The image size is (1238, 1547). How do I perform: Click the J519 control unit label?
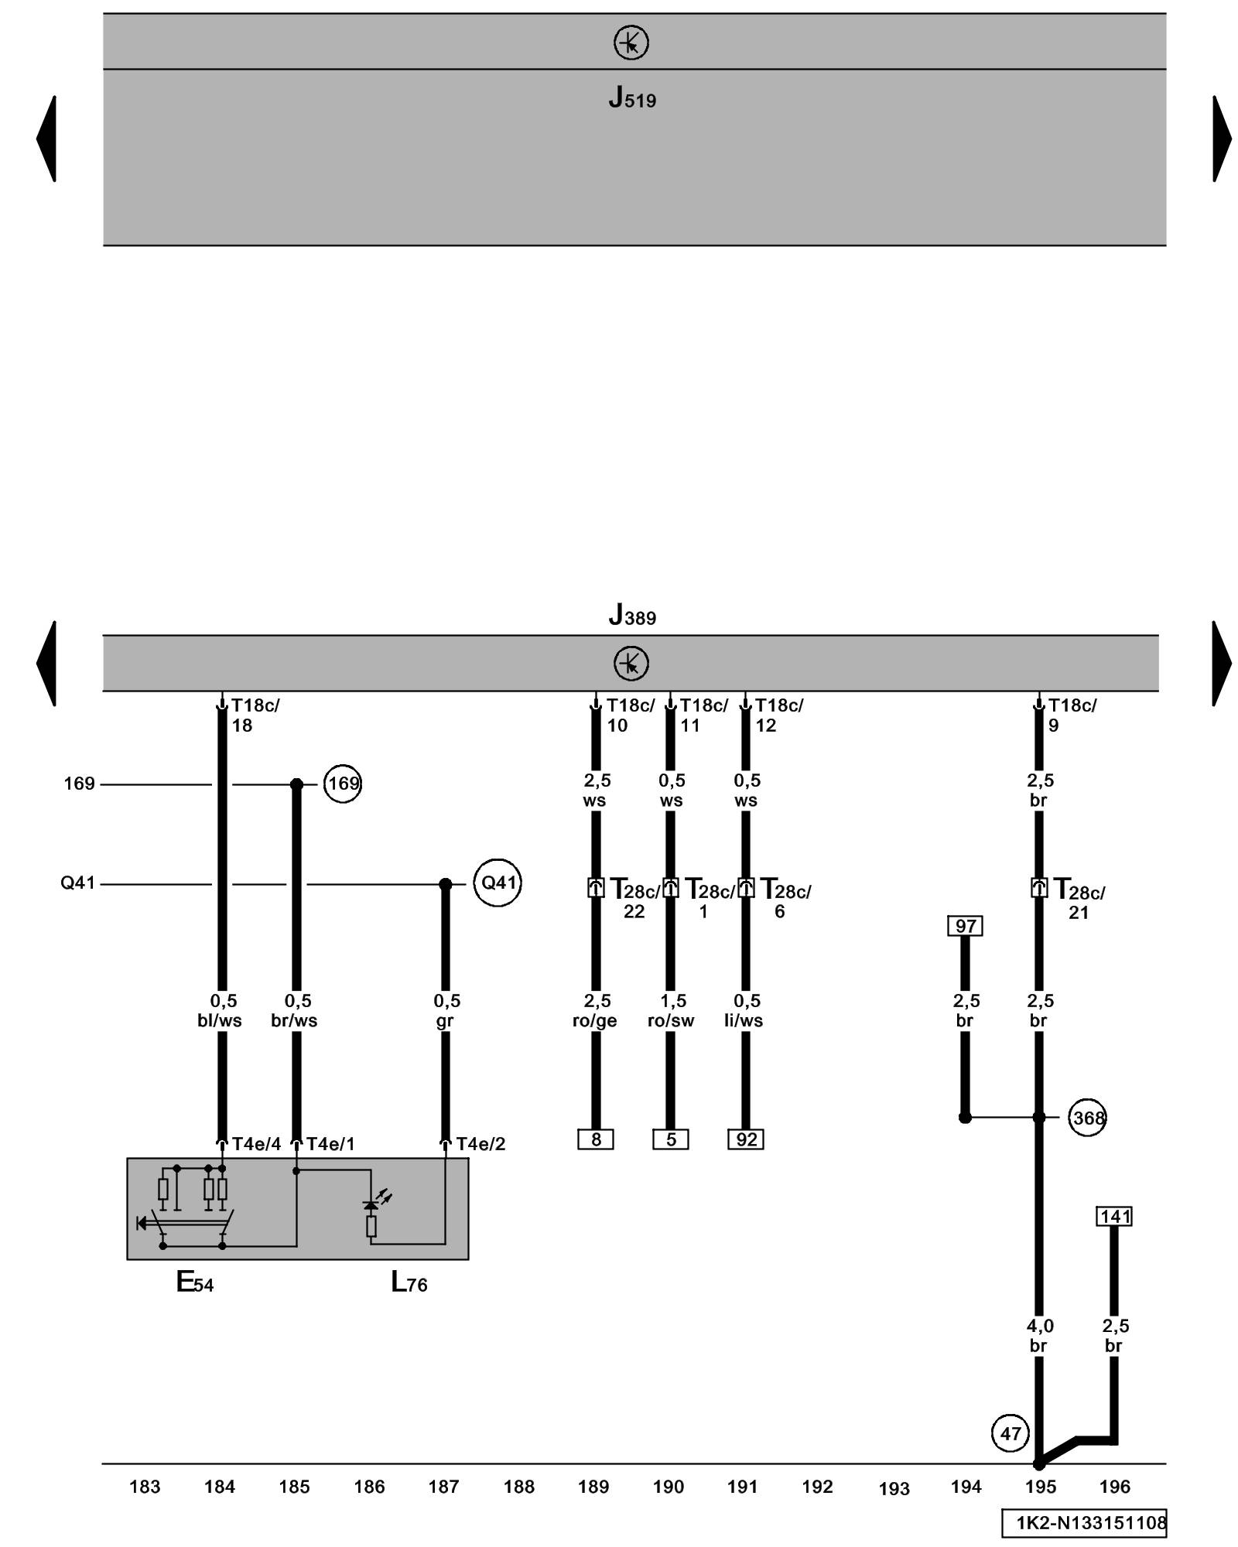(x=631, y=98)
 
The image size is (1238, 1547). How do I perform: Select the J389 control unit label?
(x=631, y=615)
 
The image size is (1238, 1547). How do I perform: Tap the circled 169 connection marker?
(x=343, y=784)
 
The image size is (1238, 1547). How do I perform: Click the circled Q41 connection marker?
(x=498, y=883)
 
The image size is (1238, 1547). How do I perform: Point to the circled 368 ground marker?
(x=1087, y=1118)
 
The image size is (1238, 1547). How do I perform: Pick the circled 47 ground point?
(x=1011, y=1433)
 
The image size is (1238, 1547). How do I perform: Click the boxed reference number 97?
(x=965, y=926)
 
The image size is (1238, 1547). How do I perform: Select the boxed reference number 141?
(x=1114, y=1217)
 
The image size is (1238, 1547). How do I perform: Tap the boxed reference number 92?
(x=745, y=1139)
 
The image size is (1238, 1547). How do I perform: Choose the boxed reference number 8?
(x=595, y=1139)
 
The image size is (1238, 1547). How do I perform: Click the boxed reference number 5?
(x=670, y=1139)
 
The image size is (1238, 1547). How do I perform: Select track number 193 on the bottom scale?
(x=894, y=1488)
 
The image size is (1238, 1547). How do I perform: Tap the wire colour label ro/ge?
(x=594, y=1021)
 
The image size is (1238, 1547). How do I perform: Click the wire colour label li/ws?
(x=744, y=1021)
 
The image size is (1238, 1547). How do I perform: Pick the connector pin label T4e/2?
(x=480, y=1144)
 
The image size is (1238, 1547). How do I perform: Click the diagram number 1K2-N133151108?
(x=1090, y=1523)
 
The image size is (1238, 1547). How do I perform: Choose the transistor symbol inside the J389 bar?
(x=631, y=664)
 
